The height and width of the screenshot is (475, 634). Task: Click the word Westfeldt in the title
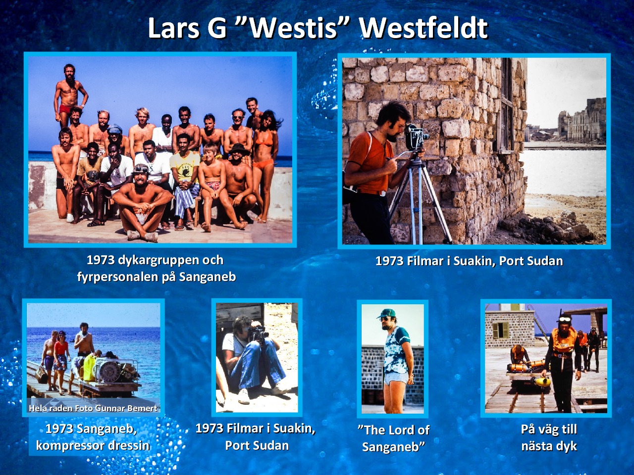(424, 28)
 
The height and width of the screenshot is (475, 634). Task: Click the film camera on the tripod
(416, 137)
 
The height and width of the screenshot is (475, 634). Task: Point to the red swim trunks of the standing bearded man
(67, 109)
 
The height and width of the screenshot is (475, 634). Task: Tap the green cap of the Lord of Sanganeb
(386, 313)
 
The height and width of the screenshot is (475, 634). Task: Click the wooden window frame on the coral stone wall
(505, 105)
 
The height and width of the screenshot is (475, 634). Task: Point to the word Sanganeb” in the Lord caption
(393, 447)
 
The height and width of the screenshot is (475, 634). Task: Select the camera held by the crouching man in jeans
(258, 333)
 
